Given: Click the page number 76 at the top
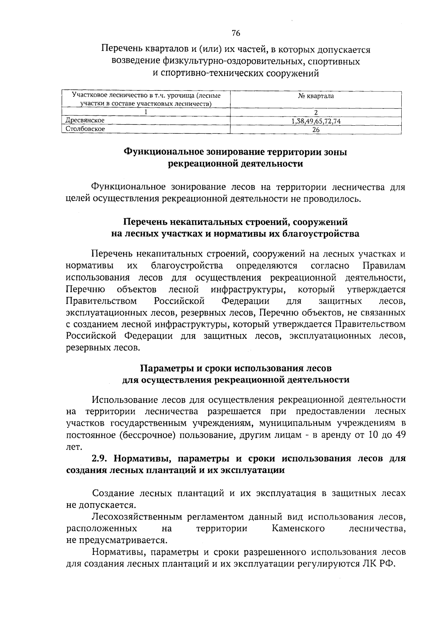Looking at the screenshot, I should tap(236, 33).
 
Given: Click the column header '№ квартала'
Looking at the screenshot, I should tap(316, 96).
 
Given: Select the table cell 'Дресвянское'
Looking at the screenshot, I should tap(85, 121).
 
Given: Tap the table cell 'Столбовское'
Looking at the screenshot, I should tap(85, 129).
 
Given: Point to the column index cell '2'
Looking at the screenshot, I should tap(316, 112).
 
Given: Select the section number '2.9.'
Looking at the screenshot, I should tap(100, 459).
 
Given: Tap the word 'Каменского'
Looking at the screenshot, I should tap(298, 529).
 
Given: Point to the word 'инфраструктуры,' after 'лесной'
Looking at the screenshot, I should tap(249, 290).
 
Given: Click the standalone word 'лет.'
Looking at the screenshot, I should tap(73, 447).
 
